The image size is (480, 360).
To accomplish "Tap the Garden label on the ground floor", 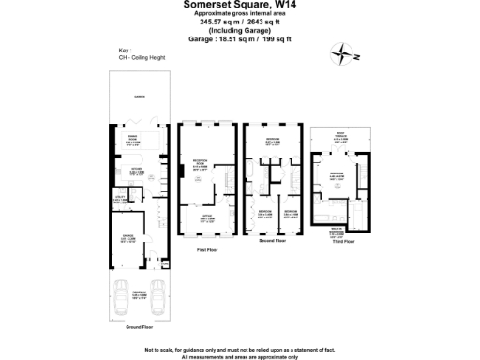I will (138, 97).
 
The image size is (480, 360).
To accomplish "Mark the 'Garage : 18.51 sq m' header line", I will (240, 38).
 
